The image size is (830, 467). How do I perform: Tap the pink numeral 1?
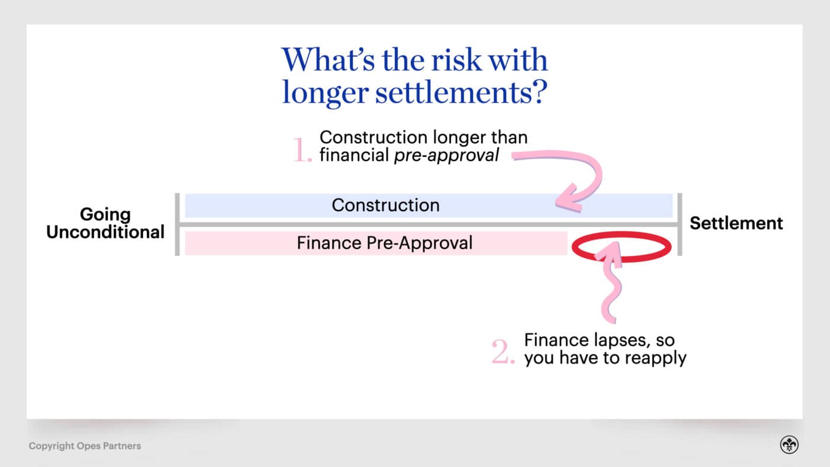tap(302, 151)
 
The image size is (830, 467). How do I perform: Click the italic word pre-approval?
tap(446, 156)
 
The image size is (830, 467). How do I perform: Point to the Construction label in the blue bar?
tap(385, 205)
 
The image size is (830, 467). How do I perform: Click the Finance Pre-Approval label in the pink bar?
tap(385, 243)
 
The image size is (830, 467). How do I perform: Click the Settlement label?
tap(736, 223)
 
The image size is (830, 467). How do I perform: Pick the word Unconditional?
tap(105, 232)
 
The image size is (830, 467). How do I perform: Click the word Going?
tap(105, 214)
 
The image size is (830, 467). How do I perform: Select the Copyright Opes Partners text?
tap(85, 446)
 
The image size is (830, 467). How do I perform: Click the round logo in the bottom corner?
tap(788, 446)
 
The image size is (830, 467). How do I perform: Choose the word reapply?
tap(658, 359)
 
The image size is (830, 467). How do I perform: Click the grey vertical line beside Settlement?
tap(679, 224)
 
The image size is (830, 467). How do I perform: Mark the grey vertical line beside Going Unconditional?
tap(177, 224)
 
